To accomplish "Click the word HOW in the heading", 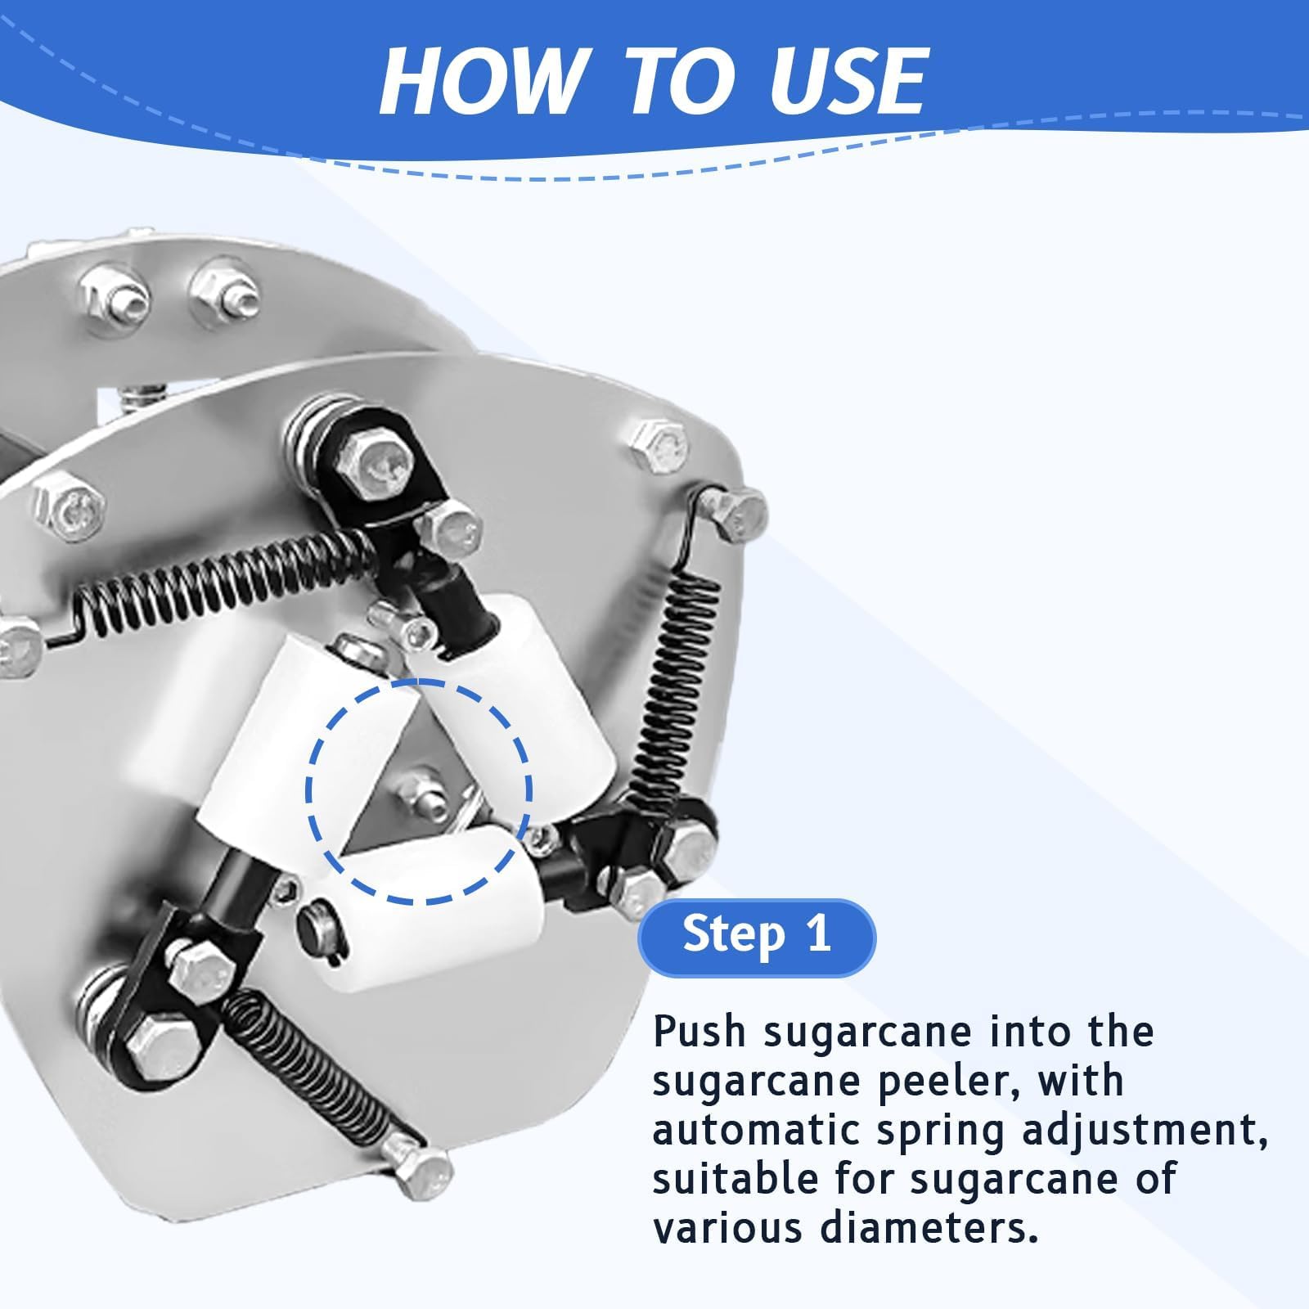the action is point(479,80).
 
